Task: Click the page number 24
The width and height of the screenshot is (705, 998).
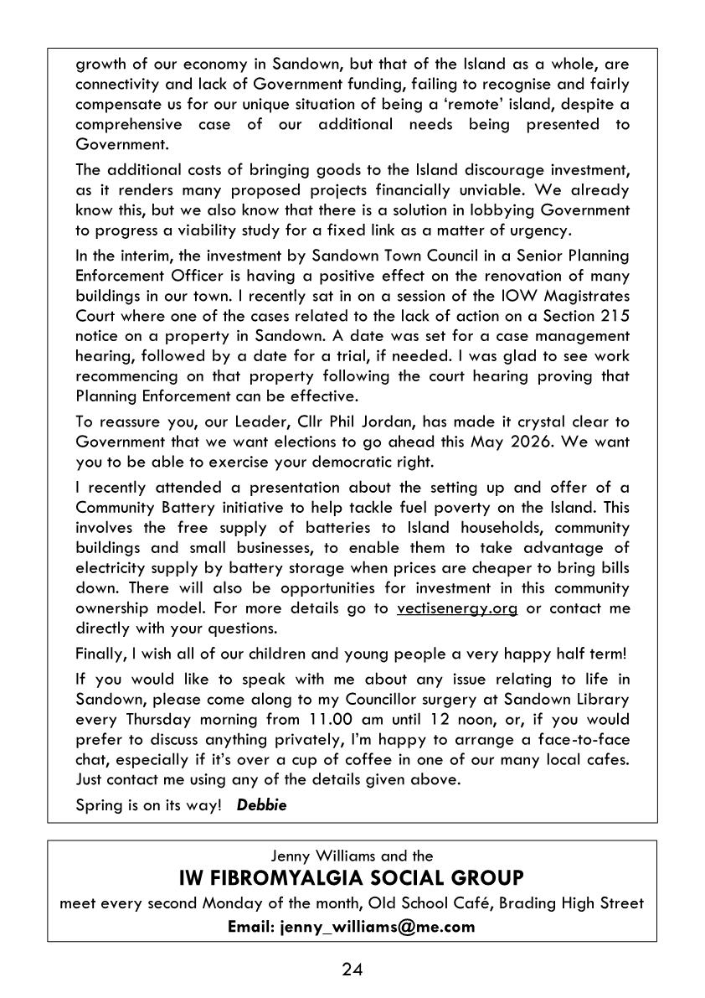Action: [352, 970]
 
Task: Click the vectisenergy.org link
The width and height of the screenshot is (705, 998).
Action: [457, 608]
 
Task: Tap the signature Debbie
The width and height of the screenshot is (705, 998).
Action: [262, 805]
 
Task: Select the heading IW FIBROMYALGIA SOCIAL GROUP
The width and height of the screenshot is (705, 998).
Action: [352, 878]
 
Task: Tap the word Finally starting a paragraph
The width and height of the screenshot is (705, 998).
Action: [100, 653]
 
